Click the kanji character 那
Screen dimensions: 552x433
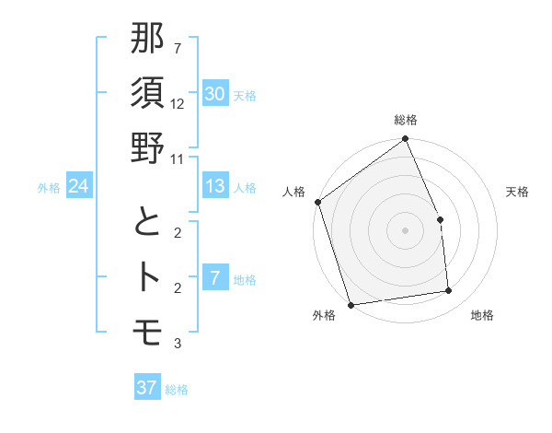pos(148,40)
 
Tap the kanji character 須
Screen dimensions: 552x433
pos(148,95)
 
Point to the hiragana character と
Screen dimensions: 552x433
pos(148,223)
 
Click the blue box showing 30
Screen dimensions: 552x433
pos(215,94)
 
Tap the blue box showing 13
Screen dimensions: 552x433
pos(215,186)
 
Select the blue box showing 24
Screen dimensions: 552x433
pos(79,186)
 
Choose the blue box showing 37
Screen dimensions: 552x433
pos(147,388)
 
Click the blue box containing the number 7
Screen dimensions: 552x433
pos(215,277)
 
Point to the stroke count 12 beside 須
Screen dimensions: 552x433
pos(178,103)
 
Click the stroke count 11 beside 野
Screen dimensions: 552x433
pos(178,158)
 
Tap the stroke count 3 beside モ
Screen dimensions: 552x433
pos(178,344)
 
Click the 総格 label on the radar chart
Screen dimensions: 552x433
pos(405,120)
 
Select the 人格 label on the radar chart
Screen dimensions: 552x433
pos(294,192)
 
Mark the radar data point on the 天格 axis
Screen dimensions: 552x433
pos(440,219)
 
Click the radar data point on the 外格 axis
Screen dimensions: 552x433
pos(351,304)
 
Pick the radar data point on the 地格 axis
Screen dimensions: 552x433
pos(449,291)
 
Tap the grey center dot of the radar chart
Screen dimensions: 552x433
pos(405,229)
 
